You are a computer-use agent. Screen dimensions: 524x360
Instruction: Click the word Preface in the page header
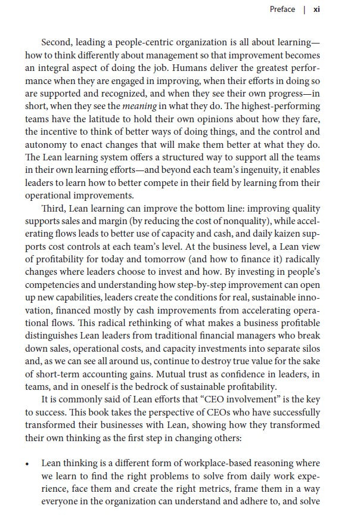tap(282, 10)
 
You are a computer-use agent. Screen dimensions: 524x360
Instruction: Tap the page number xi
tap(317, 10)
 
